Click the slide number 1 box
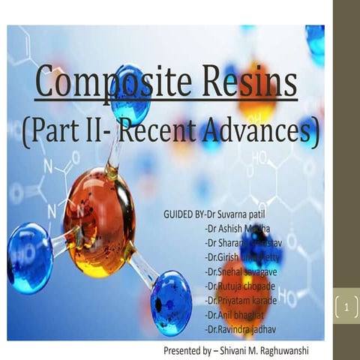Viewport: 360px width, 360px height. (x=346, y=308)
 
